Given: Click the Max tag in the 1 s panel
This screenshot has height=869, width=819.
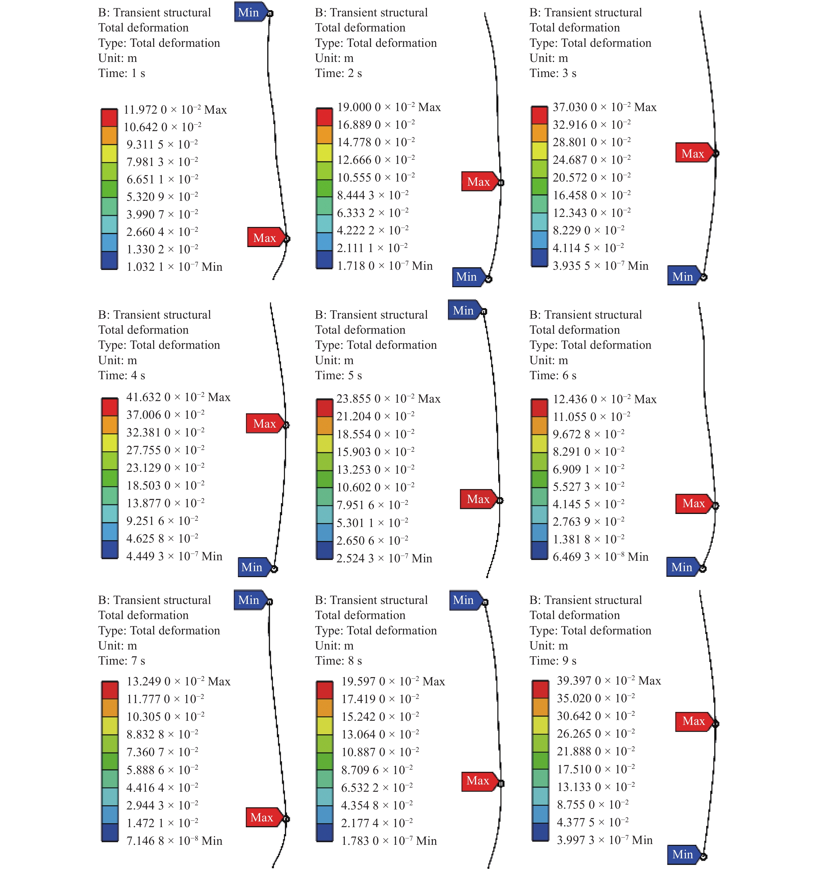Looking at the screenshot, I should click(x=264, y=237).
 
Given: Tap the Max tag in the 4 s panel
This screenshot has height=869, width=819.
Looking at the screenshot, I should click(x=264, y=423).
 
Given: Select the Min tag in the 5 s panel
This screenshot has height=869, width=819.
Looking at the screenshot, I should click(x=464, y=310).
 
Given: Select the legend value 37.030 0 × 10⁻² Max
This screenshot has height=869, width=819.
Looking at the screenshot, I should click(x=604, y=107).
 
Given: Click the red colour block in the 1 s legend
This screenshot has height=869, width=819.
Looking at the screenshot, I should click(x=109, y=118).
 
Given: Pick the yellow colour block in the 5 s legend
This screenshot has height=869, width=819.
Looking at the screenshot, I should click(x=325, y=443).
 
